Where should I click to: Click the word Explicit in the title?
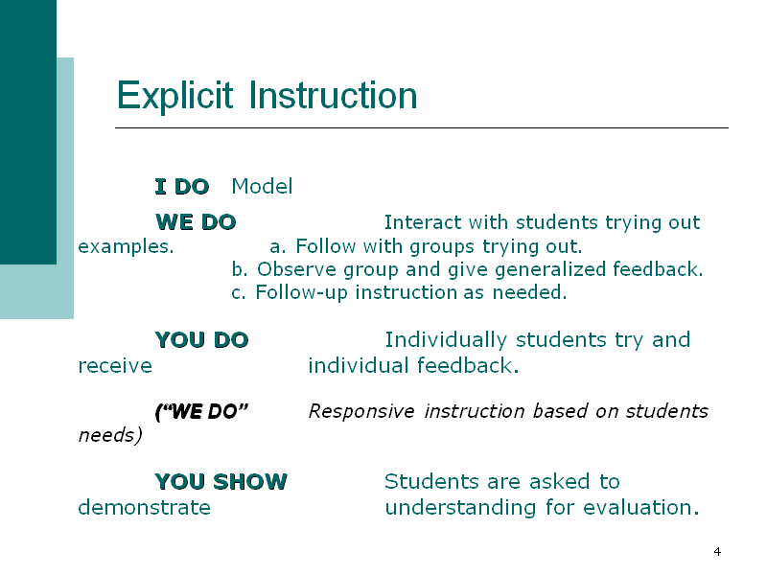pyautogui.click(x=174, y=97)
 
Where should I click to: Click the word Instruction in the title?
pyautogui.click(x=333, y=95)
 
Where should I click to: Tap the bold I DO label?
pyautogui.click(x=182, y=187)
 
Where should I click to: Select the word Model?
pyautogui.click(x=262, y=186)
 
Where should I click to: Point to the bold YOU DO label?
pyautogui.click(x=201, y=340)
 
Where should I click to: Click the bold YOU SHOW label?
pyautogui.click(x=221, y=482)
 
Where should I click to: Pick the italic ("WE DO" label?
pyautogui.click(x=201, y=412)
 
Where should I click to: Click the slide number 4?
pyautogui.click(x=717, y=552)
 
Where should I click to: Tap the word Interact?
pyautogui.click(x=423, y=222)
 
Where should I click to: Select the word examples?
pyautogui.click(x=126, y=247)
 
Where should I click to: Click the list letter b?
pyautogui.click(x=239, y=269)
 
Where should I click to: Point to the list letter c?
pyautogui.click(x=238, y=293)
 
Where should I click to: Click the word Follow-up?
pyautogui.click(x=301, y=293)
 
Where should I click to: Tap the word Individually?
pyautogui.click(x=446, y=340)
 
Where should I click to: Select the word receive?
pyautogui.click(x=115, y=366)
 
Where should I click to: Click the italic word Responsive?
pyautogui.click(x=361, y=412)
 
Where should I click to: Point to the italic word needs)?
pyautogui.click(x=110, y=435)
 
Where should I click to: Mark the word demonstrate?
pyautogui.click(x=145, y=508)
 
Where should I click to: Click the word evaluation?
pyautogui.click(x=640, y=508)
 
